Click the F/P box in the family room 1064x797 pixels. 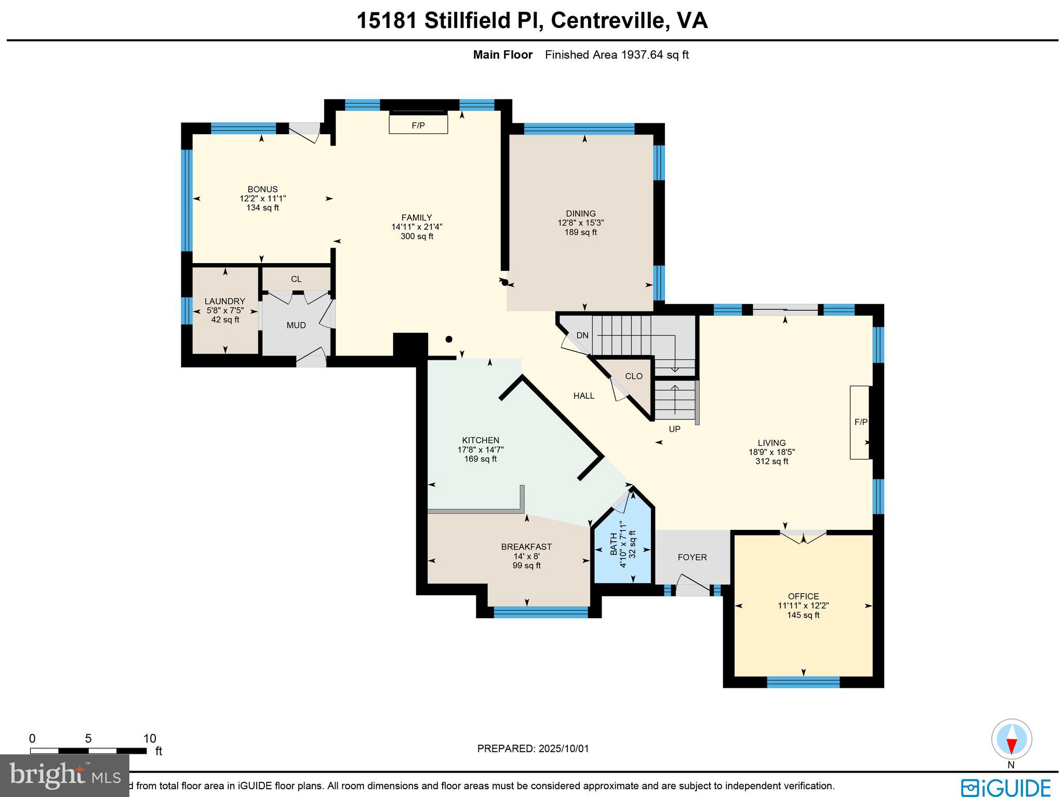pyautogui.click(x=418, y=125)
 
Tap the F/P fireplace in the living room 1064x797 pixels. pyautogui.click(x=860, y=422)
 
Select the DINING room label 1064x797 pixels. pyautogui.click(x=581, y=214)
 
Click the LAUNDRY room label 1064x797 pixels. pyautogui.click(x=224, y=301)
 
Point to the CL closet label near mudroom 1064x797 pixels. pyautogui.click(x=296, y=279)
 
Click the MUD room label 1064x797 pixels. pyautogui.click(x=296, y=325)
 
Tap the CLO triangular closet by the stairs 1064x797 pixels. pyautogui.click(x=634, y=376)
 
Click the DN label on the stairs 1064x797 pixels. pyautogui.click(x=582, y=335)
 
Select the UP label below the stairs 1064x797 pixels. pyautogui.click(x=674, y=429)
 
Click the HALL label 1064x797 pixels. pyautogui.click(x=584, y=396)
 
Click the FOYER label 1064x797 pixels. pyautogui.click(x=692, y=557)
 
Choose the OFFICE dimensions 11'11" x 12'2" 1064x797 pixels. pyautogui.click(x=803, y=606)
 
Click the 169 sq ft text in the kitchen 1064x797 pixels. pyautogui.click(x=481, y=459)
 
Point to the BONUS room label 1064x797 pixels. pyautogui.click(x=262, y=189)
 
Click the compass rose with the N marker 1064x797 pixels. pyautogui.click(x=1012, y=739)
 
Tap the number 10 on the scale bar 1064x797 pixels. pyautogui.click(x=150, y=739)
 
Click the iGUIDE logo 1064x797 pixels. pyautogui.click(x=1005, y=787)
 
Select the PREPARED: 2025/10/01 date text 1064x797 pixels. pyautogui.click(x=533, y=749)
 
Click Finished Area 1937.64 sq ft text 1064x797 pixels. pyautogui.click(x=617, y=55)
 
